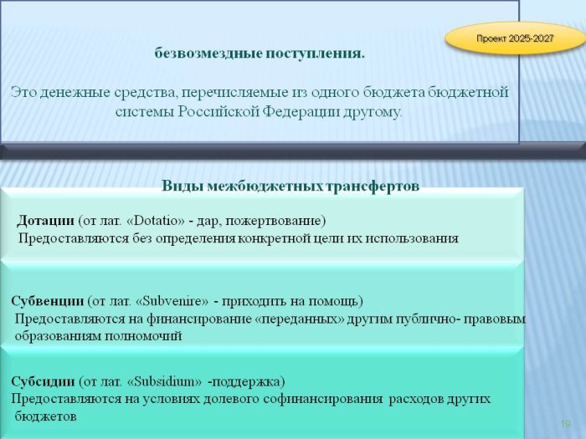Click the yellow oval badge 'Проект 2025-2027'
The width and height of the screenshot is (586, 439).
[515, 38]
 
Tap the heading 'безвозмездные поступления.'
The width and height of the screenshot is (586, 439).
[260, 54]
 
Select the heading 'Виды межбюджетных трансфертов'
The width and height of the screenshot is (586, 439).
[290, 186]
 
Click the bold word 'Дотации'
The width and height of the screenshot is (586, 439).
[45, 220]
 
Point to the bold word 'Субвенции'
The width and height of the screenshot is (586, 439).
[48, 300]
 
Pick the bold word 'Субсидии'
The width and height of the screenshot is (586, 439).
[43, 381]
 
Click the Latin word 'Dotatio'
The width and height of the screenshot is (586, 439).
[156, 221]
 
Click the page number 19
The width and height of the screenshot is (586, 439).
[565, 424]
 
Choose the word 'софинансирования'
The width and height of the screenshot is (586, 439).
[322, 399]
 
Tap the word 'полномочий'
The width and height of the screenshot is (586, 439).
[143, 336]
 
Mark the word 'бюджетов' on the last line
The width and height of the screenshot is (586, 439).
[45, 416]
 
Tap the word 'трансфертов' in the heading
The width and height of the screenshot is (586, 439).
[373, 186]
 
